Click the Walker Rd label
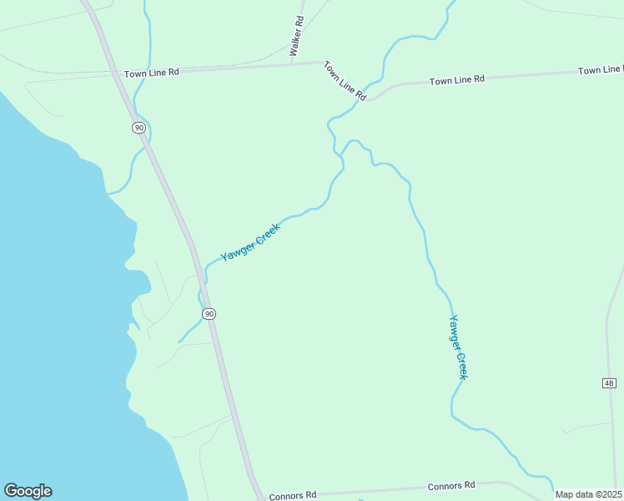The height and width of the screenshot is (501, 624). [294, 37]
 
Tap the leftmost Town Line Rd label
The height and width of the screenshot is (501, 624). [152, 73]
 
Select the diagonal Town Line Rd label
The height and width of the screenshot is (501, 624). [345, 81]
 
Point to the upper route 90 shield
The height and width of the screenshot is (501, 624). [138, 127]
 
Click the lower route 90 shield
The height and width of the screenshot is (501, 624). [209, 313]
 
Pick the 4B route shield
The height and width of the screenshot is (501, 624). [608, 382]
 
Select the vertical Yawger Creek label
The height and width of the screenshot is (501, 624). [458, 347]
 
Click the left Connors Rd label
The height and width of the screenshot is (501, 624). [293, 494]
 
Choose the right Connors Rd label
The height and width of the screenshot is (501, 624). [451, 485]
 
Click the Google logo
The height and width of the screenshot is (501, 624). [28, 491]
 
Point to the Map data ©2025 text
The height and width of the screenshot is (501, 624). [588, 494]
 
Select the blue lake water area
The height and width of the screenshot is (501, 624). [50, 292]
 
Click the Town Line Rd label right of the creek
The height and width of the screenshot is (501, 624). [457, 80]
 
